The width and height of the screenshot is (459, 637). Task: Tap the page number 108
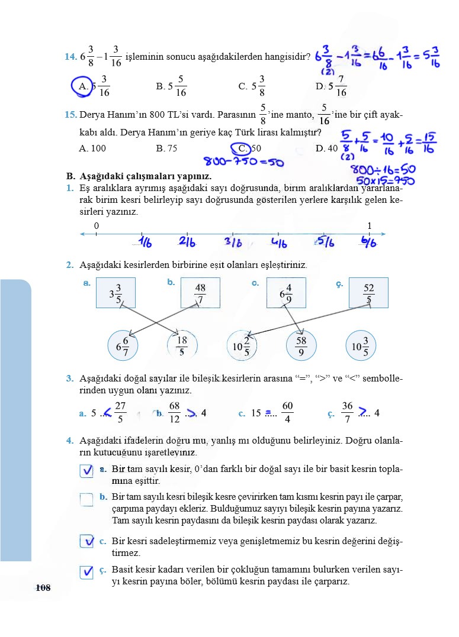[43, 587]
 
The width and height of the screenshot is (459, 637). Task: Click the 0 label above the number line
[96, 226]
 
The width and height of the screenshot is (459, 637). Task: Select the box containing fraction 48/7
[200, 293]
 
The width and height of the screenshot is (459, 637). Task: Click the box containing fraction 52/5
[368, 293]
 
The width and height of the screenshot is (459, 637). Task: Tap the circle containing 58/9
[301, 345]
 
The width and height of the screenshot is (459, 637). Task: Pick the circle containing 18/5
[182, 345]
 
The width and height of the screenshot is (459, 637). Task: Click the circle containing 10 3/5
[361, 345]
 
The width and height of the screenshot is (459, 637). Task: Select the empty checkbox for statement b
[87, 500]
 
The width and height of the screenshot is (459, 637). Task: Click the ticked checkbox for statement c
[87, 541]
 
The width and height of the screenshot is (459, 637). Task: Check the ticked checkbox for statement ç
[87, 572]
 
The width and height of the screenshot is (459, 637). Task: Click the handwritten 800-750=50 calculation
[243, 161]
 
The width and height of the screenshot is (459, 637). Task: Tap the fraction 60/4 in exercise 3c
[287, 413]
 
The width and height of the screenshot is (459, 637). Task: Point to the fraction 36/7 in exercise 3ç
[347, 413]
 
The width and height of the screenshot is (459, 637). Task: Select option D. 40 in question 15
[326, 148]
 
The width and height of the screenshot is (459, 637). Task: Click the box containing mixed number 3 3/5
[115, 293]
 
